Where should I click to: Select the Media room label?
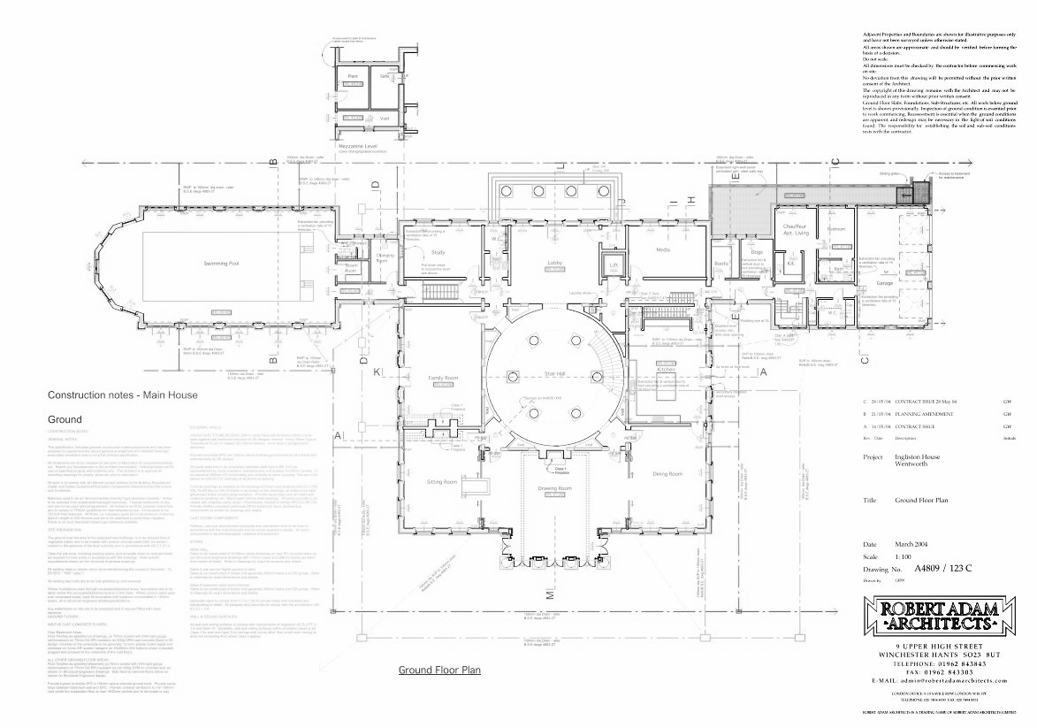pos(663,249)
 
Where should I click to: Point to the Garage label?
pos(885,283)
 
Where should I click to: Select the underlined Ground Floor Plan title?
pos(439,671)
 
